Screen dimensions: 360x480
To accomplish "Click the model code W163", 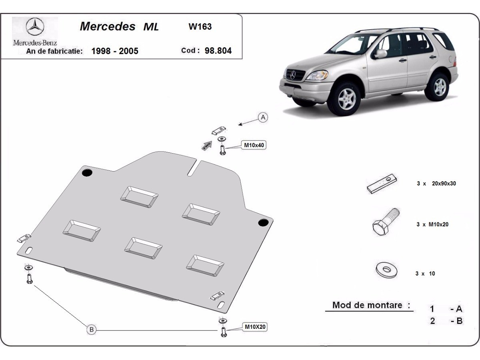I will pos(200,27).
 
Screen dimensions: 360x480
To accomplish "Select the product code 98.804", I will pos(218,51).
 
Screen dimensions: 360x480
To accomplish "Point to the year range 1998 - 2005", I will pos(115,51).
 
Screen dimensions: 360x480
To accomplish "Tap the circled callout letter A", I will pos(263,117).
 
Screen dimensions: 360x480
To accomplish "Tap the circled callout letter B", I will pos(92,330).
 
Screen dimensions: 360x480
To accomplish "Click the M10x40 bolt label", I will pos(254,146).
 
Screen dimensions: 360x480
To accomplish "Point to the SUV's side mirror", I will pos(380,53).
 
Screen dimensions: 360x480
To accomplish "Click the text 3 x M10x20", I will pos(432,224).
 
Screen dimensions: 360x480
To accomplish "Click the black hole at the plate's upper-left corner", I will pos(87,173).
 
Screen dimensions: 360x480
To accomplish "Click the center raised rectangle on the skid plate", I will pos(143,248).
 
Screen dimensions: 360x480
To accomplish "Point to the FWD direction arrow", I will pos(206,145).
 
